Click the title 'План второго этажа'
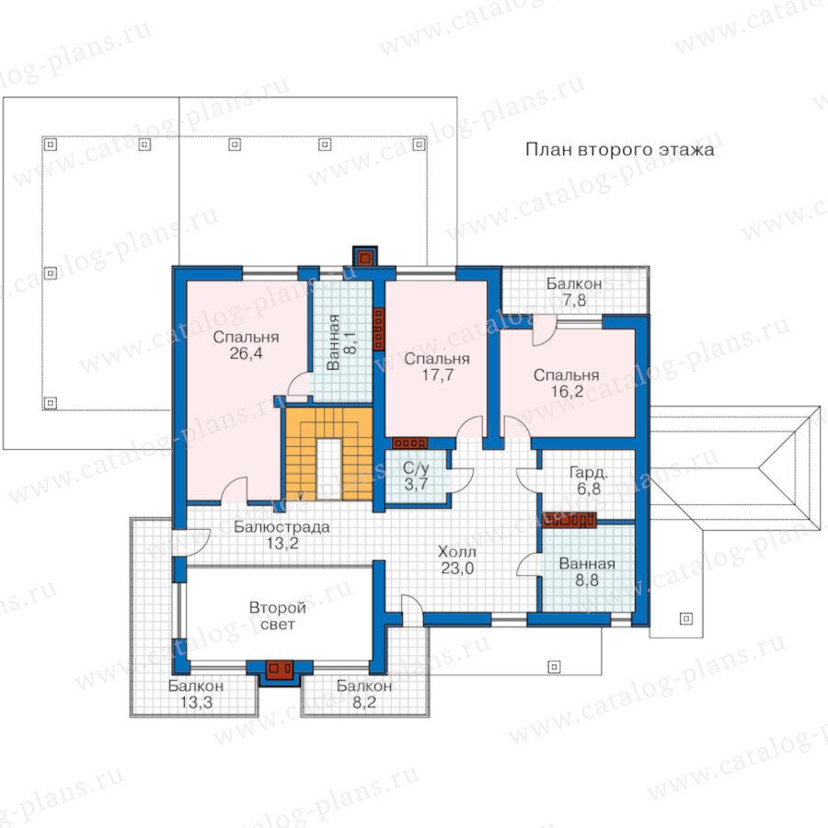(619, 150)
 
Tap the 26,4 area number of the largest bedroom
(246, 353)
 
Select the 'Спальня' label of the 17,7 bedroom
(437, 360)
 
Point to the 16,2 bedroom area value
(567, 391)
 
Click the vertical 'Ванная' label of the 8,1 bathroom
(333, 342)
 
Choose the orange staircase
(329, 454)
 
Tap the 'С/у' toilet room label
(416, 468)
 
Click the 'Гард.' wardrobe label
(588, 473)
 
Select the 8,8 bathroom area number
(587, 581)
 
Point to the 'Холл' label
(457, 552)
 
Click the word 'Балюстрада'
(282, 527)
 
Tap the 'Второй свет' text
(278, 615)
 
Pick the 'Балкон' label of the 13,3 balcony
(196, 686)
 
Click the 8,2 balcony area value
(364, 702)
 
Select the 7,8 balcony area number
(574, 300)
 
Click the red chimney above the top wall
(364, 258)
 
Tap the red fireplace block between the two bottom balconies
(279, 670)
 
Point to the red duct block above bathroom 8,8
(569, 520)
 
